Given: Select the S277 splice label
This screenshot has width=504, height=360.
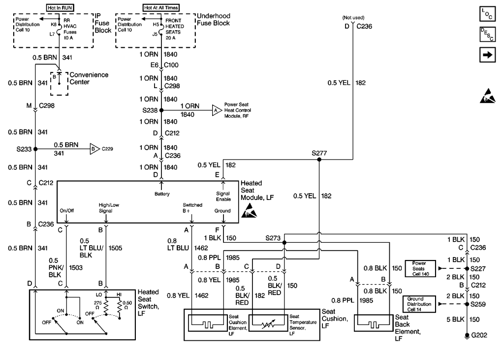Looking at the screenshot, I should coord(319,153).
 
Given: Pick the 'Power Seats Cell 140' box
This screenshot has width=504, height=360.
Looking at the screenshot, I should coord(421,268).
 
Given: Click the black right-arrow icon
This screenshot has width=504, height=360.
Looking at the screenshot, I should coord(486,55).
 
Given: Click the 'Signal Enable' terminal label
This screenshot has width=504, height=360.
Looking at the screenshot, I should coord(223,196).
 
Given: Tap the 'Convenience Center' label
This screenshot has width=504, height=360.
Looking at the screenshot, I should coord(89,78).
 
